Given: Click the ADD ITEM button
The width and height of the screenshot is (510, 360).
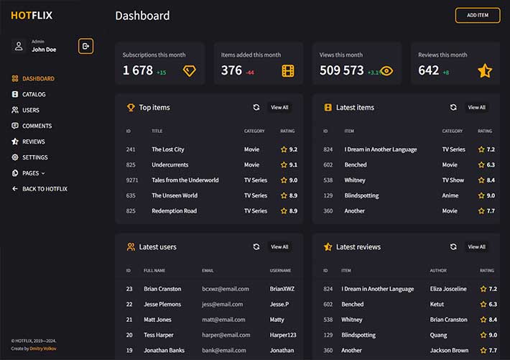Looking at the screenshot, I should click(477, 15).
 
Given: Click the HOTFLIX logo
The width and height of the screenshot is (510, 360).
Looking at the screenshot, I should click(31, 15).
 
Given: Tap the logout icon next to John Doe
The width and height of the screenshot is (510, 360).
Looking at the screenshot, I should click(85, 46).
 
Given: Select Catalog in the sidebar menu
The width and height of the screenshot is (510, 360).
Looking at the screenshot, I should click(33, 94).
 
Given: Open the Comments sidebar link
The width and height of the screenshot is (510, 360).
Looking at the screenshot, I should click(37, 126).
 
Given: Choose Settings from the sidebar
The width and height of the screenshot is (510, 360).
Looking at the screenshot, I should click(34, 157).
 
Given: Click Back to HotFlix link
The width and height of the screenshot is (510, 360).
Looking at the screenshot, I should click(45, 189).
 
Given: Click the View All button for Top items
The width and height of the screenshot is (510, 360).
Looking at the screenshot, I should click(279, 108).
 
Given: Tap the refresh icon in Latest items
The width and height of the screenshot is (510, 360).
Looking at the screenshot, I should click(453, 108).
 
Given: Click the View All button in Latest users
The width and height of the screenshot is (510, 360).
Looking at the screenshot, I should click(279, 247).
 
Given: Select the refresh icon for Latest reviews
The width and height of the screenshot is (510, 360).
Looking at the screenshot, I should click(453, 247).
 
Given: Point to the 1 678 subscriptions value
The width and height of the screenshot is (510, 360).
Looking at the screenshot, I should click(138, 70).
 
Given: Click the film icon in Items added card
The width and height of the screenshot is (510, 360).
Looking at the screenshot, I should click(287, 70).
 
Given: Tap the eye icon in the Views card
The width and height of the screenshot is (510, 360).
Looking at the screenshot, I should click(386, 70).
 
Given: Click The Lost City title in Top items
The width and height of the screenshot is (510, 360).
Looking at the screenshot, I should click(168, 149).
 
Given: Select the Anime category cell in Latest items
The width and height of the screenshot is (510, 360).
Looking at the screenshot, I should click(450, 195).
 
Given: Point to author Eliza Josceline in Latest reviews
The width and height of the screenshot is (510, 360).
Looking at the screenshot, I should click(448, 289).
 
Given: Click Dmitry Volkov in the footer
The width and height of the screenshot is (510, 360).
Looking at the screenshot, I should click(43, 349).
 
